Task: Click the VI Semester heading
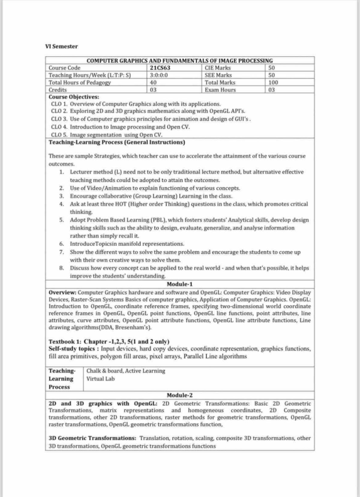click(x=61, y=47)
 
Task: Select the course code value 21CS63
click(x=160, y=68)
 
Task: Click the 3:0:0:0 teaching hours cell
click(x=159, y=75)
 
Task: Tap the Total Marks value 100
click(x=273, y=82)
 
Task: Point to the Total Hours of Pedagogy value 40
click(x=153, y=82)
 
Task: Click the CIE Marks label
click(x=217, y=68)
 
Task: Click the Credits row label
click(x=58, y=90)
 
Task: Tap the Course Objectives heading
click(x=74, y=97)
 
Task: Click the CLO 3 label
click(x=59, y=119)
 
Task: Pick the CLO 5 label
click(x=59, y=135)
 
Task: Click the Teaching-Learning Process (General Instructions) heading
click(x=117, y=142)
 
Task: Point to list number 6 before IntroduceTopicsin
click(x=61, y=244)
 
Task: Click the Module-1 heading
click(x=179, y=284)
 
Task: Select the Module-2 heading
click(x=179, y=395)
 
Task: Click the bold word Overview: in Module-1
click(x=62, y=292)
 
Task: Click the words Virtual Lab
click(x=100, y=379)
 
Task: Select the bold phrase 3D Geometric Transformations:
click(x=92, y=438)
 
